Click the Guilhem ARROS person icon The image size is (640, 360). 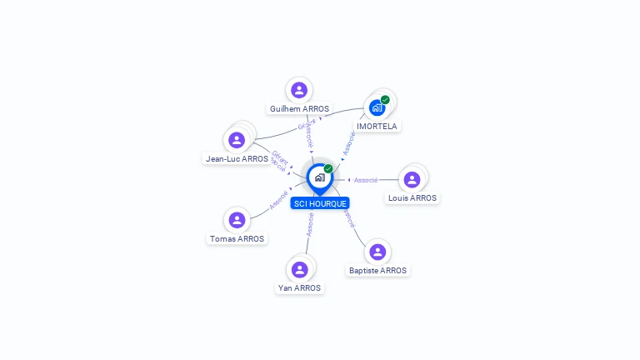click(299, 90)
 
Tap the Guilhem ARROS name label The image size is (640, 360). click(299, 109)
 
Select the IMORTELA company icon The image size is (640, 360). click(377, 107)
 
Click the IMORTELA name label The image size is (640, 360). click(377, 127)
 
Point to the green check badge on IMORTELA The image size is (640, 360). click(385, 100)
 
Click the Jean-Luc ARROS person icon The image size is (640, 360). click(237, 140)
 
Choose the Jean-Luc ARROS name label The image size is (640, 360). click(237, 159)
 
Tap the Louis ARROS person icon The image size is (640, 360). click(412, 179)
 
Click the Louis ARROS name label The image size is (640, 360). click(412, 198)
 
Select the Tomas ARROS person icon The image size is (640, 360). click(237, 220)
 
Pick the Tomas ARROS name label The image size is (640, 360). click(237, 239)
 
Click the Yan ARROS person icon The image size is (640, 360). click(299, 269)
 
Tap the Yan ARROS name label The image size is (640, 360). click(299, 288)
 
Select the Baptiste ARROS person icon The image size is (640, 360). click(377, 252)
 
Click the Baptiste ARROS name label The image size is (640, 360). click(378, 271)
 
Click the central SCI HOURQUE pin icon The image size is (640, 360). click(319, 177)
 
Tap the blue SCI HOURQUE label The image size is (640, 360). click(320, 203)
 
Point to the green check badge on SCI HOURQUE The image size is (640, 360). click(328, 169)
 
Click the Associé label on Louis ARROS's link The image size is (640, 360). click(366, 180)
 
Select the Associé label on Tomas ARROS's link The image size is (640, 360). click(278, 200)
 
